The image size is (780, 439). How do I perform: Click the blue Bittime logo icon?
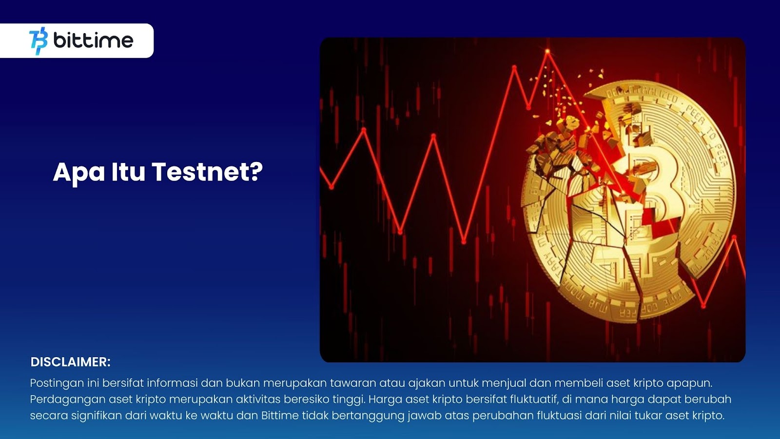[39, 41]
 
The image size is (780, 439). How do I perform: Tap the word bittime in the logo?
[93, 40]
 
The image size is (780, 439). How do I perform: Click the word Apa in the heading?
[79, 173]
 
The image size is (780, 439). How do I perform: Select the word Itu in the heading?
[128, 172]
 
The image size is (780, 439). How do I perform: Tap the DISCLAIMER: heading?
[70, 362]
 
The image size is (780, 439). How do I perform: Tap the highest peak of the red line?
[547, 52]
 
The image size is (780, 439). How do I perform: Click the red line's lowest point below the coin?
[703, 306]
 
